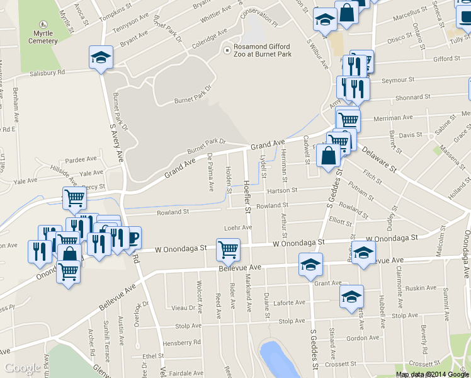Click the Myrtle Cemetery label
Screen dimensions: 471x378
coord(43,37)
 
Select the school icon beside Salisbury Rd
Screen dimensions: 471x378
coord(101,58)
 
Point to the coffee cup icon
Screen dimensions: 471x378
coord(132,239)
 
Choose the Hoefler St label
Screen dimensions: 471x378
coord(247,196)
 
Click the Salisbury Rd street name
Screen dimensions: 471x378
coord(47,73)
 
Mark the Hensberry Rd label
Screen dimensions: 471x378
coord(181,342)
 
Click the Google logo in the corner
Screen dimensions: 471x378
coord(23,368)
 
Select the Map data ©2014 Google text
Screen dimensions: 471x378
coord(432,374)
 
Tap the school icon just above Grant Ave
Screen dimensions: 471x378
coord(310,265)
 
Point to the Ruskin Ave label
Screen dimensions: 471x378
coord(421,288)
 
